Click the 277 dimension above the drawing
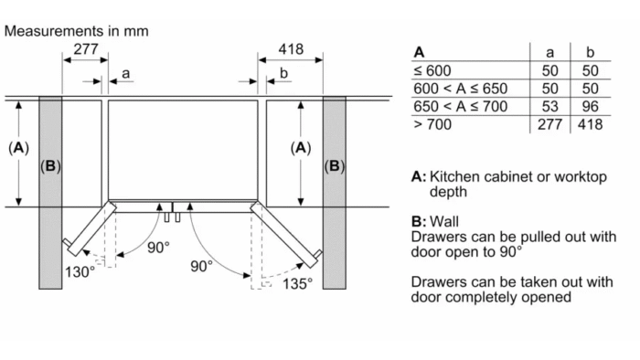click(86, 49)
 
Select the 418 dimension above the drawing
click(291, 49)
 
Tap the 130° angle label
click(80, 271)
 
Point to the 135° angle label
click(297, 283)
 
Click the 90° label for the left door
click(158, 247)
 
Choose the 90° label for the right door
click(202, 266)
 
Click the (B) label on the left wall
click(50, 166)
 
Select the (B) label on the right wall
click(335, 166)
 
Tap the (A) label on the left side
click(18, 148)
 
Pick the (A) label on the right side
click(301, 148)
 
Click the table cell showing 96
click(591, 106)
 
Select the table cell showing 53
click(549, 106)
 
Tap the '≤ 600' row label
click(432, 70)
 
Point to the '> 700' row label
click(432, 124)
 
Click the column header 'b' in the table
click(591, 52)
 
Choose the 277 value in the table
click(549, 124)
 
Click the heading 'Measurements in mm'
click(76, 31)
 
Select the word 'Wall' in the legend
click(444, 221)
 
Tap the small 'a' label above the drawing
click(126, 73)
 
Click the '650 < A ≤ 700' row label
click(461, 106)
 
